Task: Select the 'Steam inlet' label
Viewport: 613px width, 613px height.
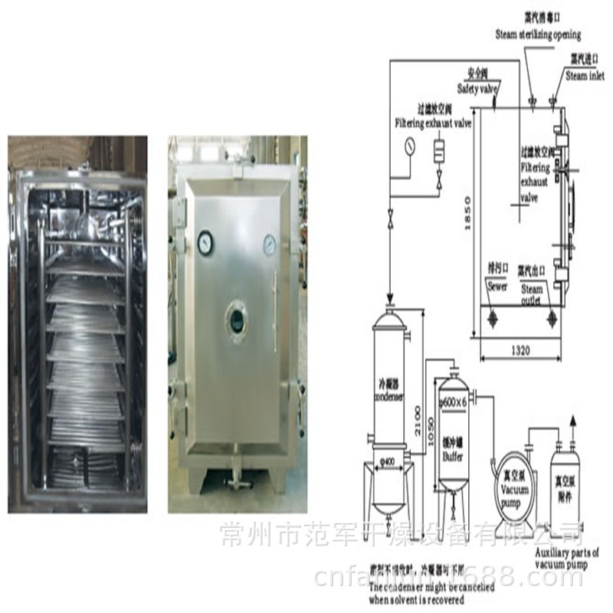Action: [x=585, y=76]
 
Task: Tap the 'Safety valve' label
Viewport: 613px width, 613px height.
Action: [x=478, y=89]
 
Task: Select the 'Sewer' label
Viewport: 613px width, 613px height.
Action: [x=497, y=287]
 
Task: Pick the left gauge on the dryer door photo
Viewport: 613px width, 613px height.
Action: [x=204, y=243]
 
